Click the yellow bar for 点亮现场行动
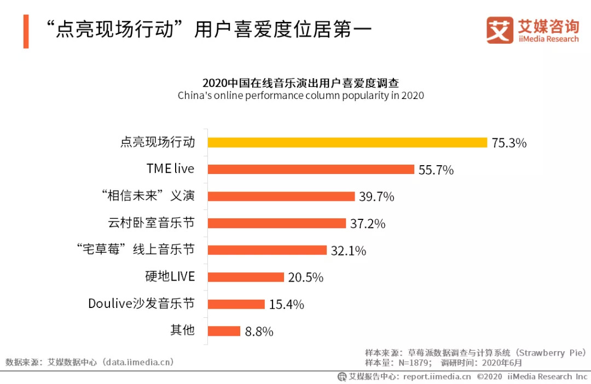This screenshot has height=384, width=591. click(347, 143)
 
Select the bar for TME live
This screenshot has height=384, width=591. click(311, 170)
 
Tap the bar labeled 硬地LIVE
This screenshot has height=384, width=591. click(246, 277)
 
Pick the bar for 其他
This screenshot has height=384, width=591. click(224, 331)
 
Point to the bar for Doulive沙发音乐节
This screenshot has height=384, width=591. click(236, 304)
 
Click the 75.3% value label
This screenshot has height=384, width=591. click(509, 143)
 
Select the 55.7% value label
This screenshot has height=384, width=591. click(436, 170)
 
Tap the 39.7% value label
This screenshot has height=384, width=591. click(376, 197)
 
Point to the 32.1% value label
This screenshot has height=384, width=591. click(349, 251)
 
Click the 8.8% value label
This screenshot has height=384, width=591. click(259, 331)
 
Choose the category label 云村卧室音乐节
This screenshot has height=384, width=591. click(152, 223)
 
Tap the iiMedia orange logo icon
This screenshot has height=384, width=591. click(500, 31)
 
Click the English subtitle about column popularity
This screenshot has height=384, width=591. click(300, 96)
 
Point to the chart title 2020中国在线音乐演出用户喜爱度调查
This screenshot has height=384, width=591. click(300, 83)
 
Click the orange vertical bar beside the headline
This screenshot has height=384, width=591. click(26, 32)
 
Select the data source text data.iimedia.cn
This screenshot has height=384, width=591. click(139, 362)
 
